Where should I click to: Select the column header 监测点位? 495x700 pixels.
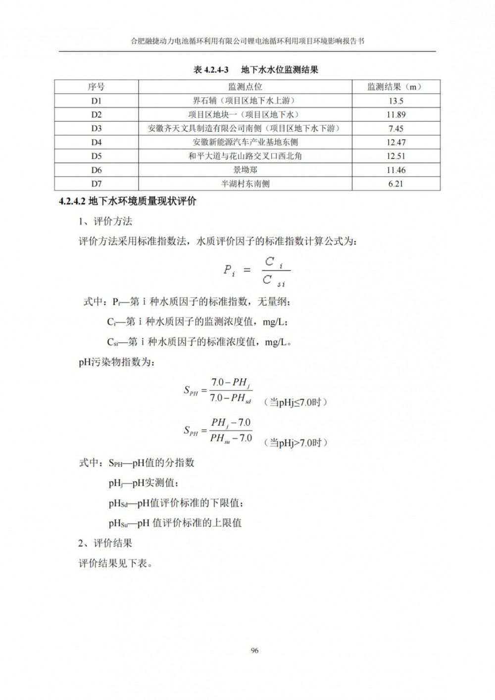coord(246,87)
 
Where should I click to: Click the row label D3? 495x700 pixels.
coord(97,129)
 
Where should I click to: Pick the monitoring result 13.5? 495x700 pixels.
coord(396,101)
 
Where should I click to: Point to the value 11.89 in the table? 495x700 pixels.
coord(396,115)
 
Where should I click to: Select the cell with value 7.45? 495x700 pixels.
coord(396,129)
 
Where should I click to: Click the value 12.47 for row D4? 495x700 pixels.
coord(396,143)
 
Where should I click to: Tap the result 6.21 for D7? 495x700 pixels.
coord(396,184)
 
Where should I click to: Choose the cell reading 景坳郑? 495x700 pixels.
coord(246,170)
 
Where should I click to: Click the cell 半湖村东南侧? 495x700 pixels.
coord(246,184)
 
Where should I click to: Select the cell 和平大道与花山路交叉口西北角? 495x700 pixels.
coord(246,156)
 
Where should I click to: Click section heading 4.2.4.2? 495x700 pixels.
coord(128,202)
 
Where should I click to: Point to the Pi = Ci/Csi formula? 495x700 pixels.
coord(256,272)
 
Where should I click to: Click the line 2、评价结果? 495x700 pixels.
coord(105,543)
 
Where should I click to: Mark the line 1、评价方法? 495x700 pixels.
coord(105,221)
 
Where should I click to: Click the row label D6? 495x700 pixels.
coord(97,170)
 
